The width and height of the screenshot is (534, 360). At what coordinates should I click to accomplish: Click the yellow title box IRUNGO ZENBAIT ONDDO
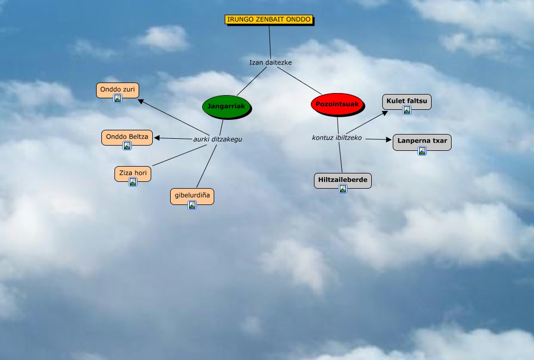tap(269, 19)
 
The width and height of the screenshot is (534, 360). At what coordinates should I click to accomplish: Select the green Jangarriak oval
tap(226, 106)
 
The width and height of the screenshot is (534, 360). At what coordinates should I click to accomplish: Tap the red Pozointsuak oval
tap(337, 104)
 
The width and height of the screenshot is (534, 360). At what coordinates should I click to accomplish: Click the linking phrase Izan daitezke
tap(270, 62)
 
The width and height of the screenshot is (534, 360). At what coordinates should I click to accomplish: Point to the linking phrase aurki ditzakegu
tap(217, 139)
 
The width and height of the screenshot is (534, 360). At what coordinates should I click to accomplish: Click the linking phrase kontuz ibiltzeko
tap(337, 138)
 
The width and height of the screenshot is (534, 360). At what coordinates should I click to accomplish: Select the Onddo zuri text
tap(118, 89)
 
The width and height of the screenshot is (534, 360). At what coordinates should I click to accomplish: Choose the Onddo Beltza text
tap(127, 137)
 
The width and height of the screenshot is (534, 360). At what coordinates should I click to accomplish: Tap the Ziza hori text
tap(133, 172)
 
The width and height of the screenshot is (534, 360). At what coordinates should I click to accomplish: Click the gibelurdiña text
tap(192, 196)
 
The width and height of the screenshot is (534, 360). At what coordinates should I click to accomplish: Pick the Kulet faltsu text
tap(406, 100)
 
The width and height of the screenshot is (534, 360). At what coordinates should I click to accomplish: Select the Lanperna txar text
tap(422, 141)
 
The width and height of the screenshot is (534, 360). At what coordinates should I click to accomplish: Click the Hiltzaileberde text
tap(342, 180)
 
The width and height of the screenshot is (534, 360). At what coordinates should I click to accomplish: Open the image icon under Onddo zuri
tap(118, 98)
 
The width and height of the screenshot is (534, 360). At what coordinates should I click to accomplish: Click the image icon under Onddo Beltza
tap(127, 146)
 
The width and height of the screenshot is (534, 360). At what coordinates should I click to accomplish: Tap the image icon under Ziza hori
tap(133, 182)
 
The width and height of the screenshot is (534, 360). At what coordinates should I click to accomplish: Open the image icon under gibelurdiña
tap(192, 205)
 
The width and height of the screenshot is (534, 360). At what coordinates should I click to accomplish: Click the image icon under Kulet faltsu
tap(406, 110)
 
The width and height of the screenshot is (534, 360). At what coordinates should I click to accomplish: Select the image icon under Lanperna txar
tap(422, 151)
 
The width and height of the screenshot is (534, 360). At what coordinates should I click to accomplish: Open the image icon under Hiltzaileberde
tap(342, 189)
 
